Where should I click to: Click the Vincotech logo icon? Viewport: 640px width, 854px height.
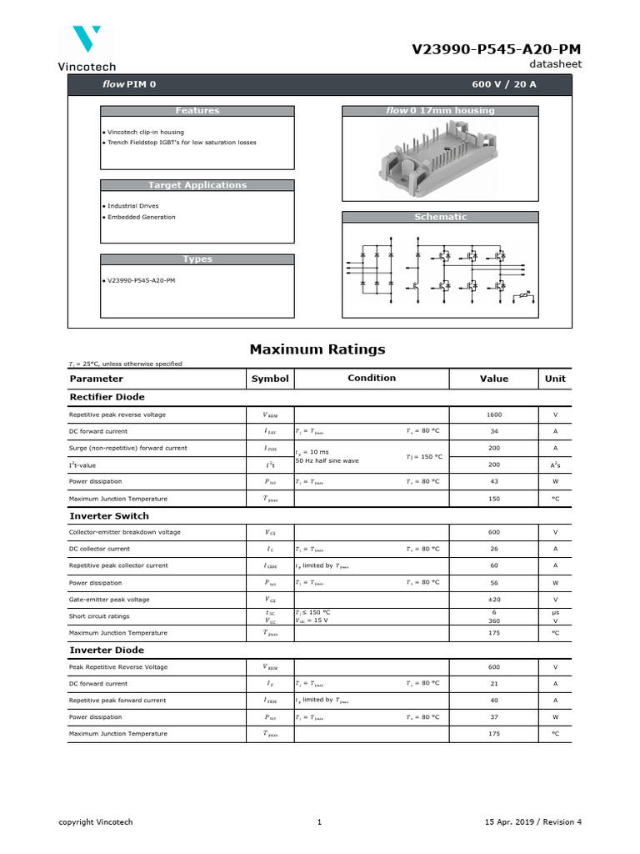pyautogui.click(x=87, y=40)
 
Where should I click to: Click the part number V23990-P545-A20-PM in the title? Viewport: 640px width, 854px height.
pyautogui.click(x=497, y=50)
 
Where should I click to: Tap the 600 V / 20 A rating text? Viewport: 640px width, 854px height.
pyautogui.click(x=504, y=85)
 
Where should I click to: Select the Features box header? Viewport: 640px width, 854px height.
pyautogui.click(x=197, y=111)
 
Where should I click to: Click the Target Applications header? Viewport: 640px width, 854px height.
pyautogui.click(x=197, y=185)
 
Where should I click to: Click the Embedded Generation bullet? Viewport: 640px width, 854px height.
pyautogui.click(x=139, y=218)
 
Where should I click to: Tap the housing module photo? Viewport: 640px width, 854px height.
pyautogui.click(x=440, y=158)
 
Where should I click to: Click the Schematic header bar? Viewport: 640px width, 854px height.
pyautogui.click(x=440, y=217)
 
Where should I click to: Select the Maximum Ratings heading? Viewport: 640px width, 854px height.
pyautogui.click(x=317, y=349)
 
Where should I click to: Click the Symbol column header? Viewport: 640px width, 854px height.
pyautogui.click(x=270, y=379)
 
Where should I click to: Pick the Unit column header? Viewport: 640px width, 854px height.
pyautogui.click(x=554, y=379)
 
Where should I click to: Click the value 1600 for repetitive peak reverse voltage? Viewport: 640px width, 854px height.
pyautogui.click(x=494, y=414)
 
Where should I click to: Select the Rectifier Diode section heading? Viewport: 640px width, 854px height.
pyautogui.click(x=107, y=397)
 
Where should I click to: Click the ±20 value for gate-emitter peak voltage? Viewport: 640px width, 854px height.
pyautogui.click(x=494, y=600)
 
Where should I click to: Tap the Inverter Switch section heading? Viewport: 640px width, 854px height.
pyautogui.click(x=108, y=516)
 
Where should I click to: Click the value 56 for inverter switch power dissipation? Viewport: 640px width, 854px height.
pyautogui.click(x=494, y=583)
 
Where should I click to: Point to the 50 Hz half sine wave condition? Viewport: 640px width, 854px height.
pyautogui.click(x=327, y=461)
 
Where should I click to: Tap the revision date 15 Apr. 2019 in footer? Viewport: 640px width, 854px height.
pyautogui.click(x=512, y=822)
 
